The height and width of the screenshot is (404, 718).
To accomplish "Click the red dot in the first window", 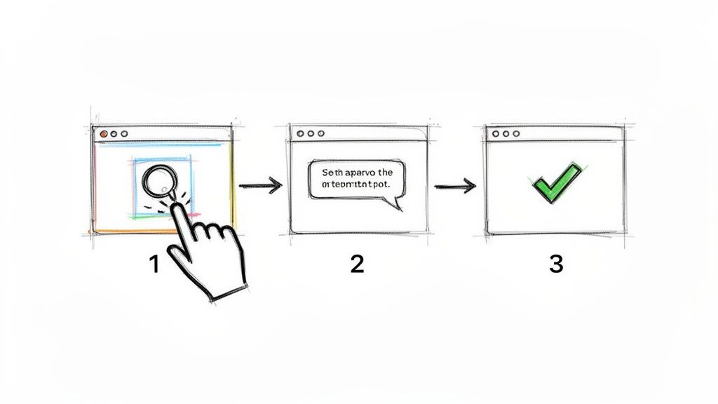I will [104, 133].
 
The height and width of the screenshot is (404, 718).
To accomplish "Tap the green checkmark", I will [556, 182].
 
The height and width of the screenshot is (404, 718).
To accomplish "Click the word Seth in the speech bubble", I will [330, 172].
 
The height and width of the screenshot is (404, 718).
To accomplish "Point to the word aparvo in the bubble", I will [358, 172].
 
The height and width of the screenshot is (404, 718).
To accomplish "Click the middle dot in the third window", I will [506, 133].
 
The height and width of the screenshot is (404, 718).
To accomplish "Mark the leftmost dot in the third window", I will [495, 133].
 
